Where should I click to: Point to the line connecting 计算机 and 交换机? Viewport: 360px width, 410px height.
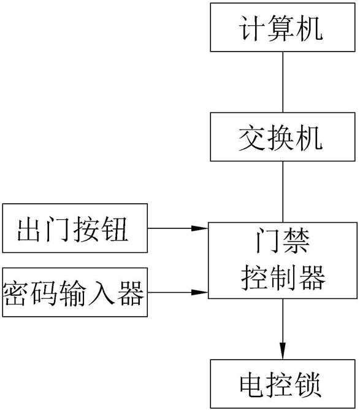click(283, 82)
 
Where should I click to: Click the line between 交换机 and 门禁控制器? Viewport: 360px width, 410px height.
click(283, 191)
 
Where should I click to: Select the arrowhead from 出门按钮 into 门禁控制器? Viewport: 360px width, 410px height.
click(199, 228)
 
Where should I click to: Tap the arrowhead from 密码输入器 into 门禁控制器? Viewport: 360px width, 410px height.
click(199, 292)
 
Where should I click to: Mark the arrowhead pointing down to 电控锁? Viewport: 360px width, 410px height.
click(283, 351)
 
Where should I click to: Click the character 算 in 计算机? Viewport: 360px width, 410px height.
click(281, 28)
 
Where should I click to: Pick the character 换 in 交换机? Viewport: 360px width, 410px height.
click(281, 137)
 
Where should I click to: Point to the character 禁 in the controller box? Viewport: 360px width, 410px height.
click(296, 241)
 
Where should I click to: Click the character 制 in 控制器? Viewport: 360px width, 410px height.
click(283, 277)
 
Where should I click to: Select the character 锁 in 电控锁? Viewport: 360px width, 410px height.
click(308, 384)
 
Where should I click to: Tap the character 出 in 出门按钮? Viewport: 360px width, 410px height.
click(30, 229)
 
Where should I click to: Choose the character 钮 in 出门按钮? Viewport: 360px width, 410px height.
click(115, 229)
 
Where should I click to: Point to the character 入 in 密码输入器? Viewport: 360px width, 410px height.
click(101, 293)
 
